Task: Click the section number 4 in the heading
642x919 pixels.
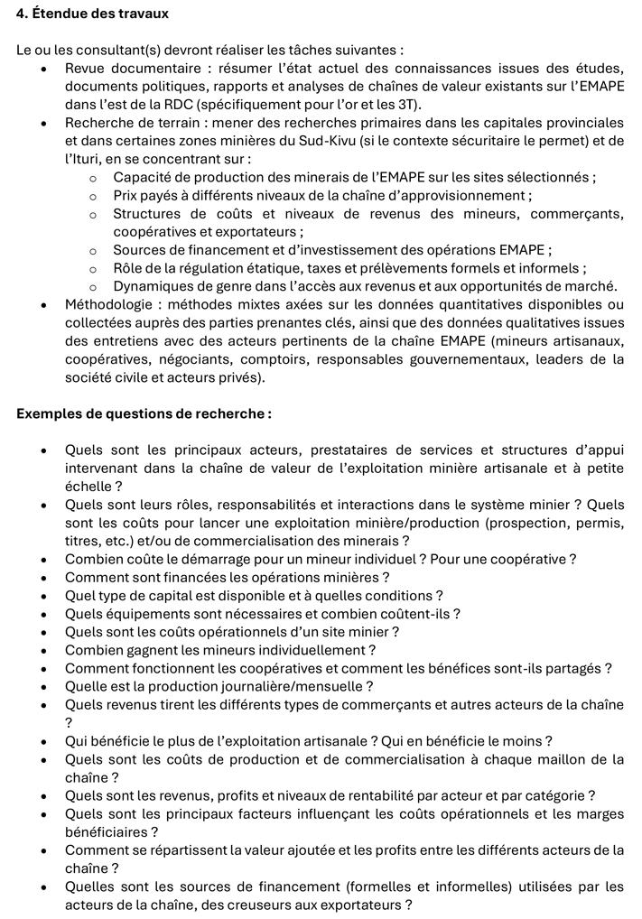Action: pos(22,14)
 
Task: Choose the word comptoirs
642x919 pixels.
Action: pos(256,359)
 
